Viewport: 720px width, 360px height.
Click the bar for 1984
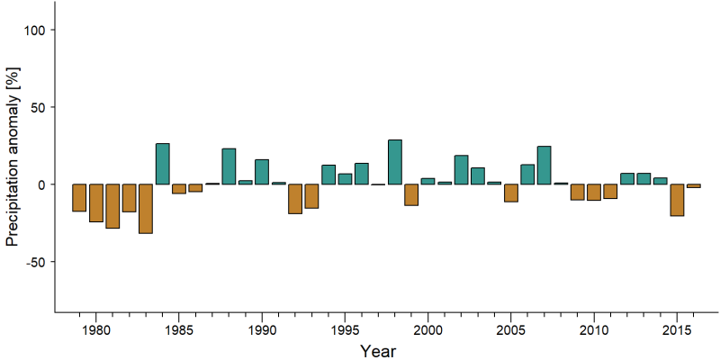[x=163, y=164]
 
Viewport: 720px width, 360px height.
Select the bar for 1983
[x=146, y=209]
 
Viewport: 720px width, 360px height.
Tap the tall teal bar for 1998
[x=395, y=162]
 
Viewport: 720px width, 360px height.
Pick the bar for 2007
[x=544, y=166]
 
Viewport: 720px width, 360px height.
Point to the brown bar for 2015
[x=677, y=200]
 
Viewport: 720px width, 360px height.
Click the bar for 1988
[x=229, y=166]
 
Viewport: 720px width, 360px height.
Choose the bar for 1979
[x=79, y=198]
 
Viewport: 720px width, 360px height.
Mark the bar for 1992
[x=295, y=199]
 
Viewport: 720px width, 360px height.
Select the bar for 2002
[x=462, y=170]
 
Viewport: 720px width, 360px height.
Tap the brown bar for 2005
[x=511, y=193]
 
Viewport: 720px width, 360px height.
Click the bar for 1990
[x=262, y=172]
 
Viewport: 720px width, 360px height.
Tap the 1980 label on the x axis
[x=96, y=330]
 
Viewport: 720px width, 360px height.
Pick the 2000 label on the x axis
[x=428, y=330]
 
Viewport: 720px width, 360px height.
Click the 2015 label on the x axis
[x=677, y=330]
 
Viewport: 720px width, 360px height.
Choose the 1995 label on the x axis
[x=345, y=330]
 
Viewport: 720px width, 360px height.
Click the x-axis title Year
[x=377, y=351]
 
